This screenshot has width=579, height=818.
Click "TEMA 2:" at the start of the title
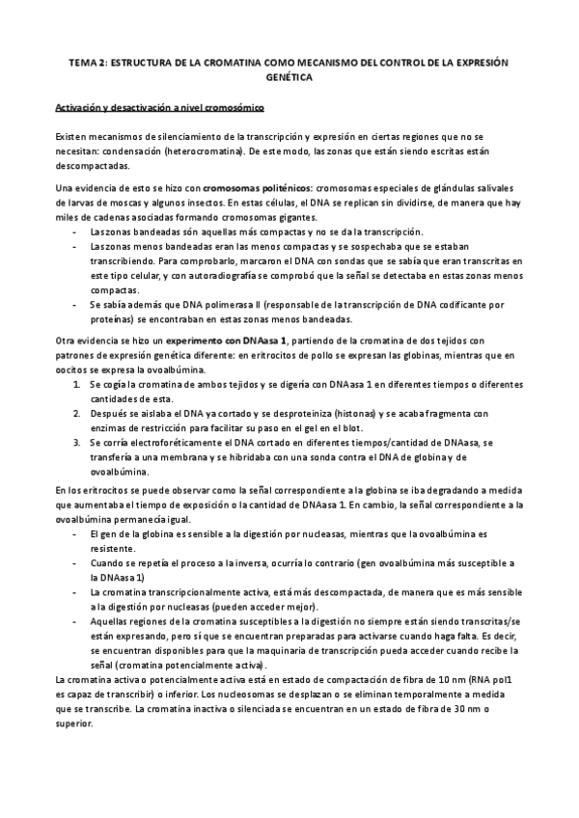click(89, 60)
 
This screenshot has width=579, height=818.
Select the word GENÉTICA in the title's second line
click(289, 75)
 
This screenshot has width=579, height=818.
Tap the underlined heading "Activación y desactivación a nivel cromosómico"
click(167, 106)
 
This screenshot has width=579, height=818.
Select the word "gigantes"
click(311, 217)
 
